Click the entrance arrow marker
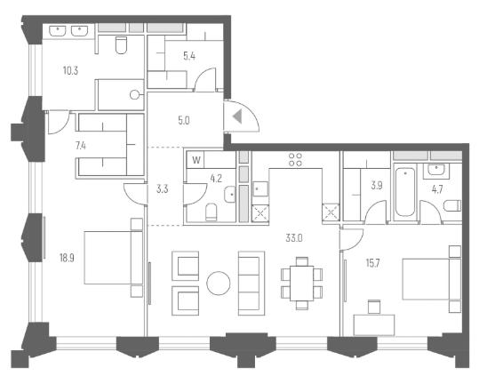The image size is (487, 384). click(x=236, y=116)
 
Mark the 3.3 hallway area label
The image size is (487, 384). click(x=162, y=188)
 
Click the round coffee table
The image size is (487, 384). click(x=219, y=284)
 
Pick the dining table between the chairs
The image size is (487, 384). click(x=299, y=281)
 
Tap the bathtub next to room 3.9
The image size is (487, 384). click(x=406, y=192)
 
